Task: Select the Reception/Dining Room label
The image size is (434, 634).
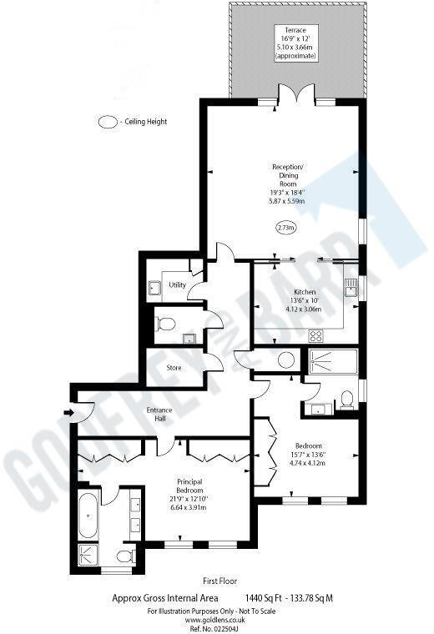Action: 288,184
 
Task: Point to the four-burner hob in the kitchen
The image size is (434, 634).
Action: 317,336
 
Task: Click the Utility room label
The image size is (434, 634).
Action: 177,285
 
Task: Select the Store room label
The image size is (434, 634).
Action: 174,367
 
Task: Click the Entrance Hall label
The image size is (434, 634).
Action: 159,414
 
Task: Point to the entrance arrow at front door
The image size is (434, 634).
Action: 67,411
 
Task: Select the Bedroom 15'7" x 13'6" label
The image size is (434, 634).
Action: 308,455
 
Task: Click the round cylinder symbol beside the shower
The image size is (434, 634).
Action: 286,360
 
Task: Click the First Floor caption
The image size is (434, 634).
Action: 221,581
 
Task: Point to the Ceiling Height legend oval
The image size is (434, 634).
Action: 108,122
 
